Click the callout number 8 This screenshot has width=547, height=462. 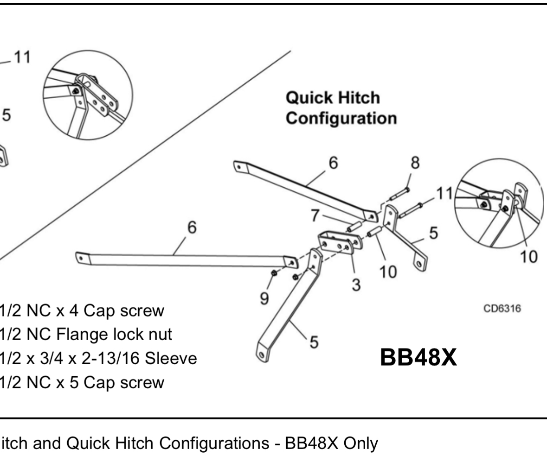[x=415, y=163]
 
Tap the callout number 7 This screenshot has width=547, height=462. [x=315, y=215]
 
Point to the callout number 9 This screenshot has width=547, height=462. [x=264, y=298]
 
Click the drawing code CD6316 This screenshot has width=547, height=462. [x=502, y=309]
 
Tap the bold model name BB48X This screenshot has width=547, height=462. [x=418, y=358]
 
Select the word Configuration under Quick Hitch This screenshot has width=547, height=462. [x=341, y=118]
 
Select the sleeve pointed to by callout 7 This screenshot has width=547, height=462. [x=354, y=228]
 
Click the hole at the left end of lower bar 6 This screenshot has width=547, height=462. [x=82, y=257]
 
